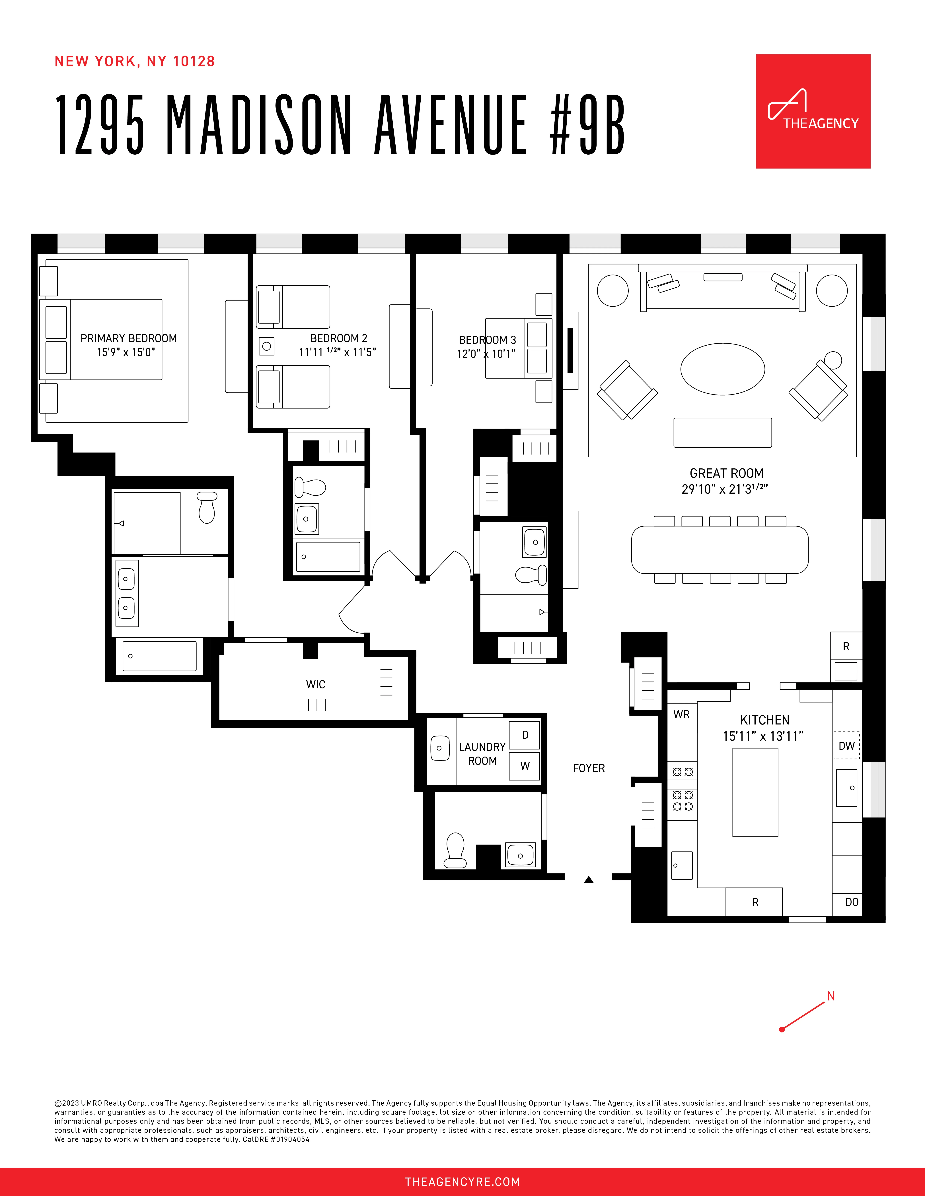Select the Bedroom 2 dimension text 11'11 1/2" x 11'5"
(x=337, y=352)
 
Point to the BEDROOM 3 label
(x=487, y=340)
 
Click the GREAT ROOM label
(x=726, y=473)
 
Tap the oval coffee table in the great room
(x=722, y=369)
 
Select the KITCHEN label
(x=764, y=720)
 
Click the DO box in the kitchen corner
(x=852, y=902)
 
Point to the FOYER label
(x=589, y=768)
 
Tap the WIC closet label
(x=316, y=684)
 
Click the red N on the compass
(x=831, y=996)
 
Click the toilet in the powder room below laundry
(x=455, y=850)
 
